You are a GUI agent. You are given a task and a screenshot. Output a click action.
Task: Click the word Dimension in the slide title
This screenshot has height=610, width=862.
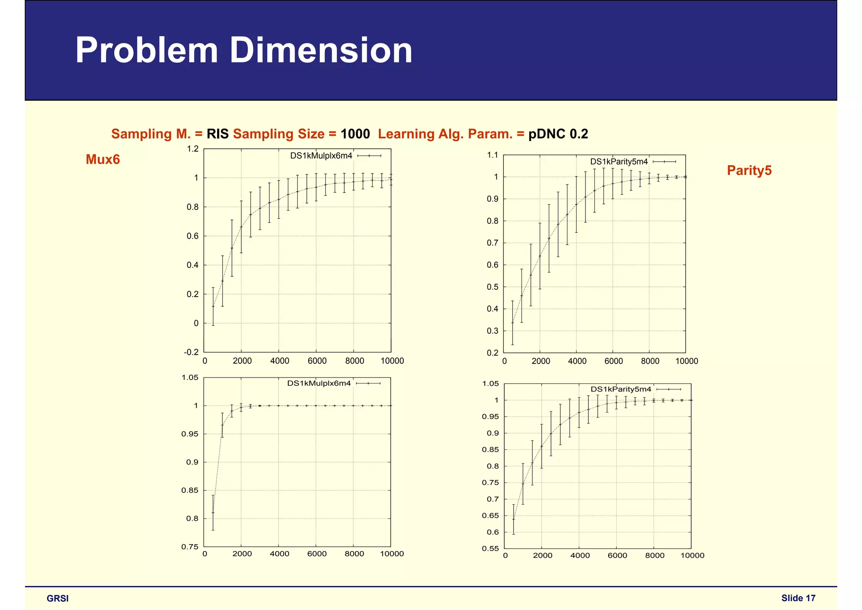321,51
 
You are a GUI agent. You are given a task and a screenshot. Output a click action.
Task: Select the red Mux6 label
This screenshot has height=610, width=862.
103,160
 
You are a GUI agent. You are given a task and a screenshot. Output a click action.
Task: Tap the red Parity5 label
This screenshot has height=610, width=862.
749,171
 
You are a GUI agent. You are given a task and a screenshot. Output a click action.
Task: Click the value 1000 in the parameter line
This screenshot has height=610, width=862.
355,134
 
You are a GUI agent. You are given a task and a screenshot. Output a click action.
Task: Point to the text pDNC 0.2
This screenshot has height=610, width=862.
558,134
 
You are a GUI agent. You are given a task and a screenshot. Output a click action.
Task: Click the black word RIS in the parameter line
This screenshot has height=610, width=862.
217,134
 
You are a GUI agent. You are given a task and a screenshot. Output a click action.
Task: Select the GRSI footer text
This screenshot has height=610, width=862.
58,599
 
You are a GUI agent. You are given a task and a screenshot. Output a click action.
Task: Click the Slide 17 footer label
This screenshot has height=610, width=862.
798,598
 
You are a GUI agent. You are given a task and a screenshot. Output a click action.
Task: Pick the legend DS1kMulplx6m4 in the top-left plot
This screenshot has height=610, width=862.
321,156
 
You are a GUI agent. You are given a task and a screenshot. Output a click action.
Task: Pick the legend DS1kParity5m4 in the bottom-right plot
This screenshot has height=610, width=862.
621,389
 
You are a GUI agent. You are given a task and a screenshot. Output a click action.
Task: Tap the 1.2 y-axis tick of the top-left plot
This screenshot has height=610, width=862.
193,149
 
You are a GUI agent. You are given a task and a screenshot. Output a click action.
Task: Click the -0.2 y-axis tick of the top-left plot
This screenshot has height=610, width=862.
191,352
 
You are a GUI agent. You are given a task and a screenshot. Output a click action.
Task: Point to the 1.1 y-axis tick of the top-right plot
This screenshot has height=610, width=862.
492,155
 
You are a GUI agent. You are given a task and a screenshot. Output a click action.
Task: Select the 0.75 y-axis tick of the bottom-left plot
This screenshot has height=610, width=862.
189,547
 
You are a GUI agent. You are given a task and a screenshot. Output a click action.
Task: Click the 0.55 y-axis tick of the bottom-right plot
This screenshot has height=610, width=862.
490,548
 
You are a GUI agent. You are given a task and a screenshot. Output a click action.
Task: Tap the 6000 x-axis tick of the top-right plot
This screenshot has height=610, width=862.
613,361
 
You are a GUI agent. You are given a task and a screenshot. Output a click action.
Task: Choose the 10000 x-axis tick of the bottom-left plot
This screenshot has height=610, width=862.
391,554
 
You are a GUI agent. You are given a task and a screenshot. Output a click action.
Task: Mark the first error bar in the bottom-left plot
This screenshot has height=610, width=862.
213,513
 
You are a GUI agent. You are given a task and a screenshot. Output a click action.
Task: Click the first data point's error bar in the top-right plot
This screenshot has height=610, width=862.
513,323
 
